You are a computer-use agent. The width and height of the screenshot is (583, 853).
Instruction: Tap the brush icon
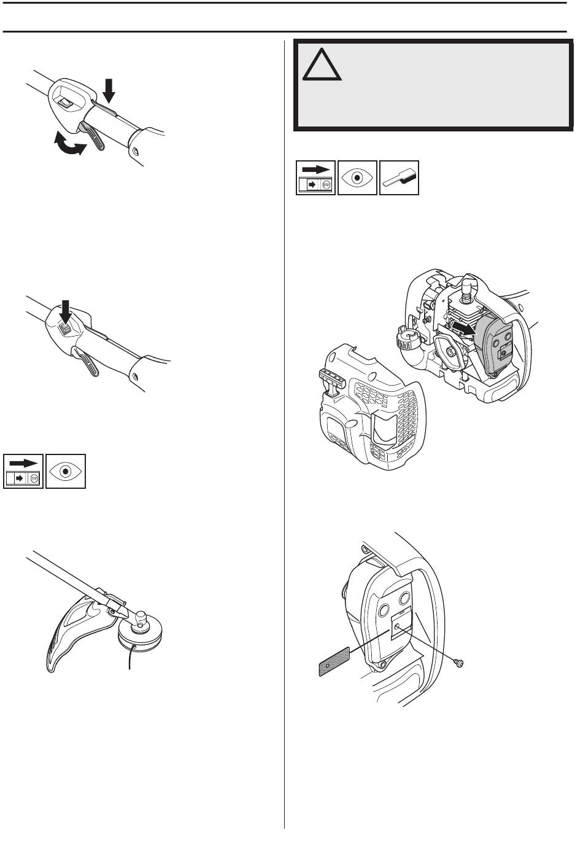click(399, 177)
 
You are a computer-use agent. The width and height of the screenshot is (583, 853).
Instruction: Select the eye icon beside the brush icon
click(357, 177)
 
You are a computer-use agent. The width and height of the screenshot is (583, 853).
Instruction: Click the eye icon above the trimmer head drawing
click(65, 472)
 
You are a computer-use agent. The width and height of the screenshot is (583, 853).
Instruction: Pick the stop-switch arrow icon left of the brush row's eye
click(315, 177)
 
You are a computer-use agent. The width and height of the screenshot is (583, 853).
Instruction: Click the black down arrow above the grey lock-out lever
click(109, 90)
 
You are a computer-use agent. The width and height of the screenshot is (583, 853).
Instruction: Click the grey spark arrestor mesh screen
click(334, 661)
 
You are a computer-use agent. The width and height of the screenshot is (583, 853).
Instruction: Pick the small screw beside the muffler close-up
click(458, 662)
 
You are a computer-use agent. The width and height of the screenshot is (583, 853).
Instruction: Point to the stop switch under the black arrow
click(64, 329)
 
